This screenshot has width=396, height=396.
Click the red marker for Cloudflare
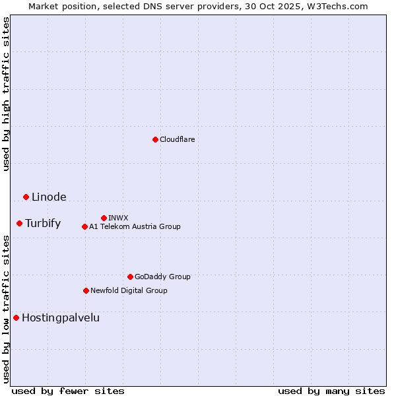[155, 139]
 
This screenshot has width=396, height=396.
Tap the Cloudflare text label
[177, 139]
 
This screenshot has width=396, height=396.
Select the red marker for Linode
[26, 197]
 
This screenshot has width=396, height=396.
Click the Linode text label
[49, 197]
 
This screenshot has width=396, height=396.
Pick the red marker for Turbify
[20, 223]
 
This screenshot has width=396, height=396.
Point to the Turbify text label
[43, 223]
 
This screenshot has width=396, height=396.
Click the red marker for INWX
[104, 218]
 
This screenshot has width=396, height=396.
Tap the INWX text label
[118, 218]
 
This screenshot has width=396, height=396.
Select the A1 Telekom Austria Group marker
[84, 226]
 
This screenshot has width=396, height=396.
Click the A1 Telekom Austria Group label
[135, 226]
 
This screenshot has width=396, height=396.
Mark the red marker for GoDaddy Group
[130, 277]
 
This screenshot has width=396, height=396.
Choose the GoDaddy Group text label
[162, 277]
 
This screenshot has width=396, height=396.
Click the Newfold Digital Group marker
[86, 290]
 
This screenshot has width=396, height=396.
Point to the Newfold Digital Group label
[129, 290]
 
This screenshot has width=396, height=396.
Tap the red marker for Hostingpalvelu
[16, 317]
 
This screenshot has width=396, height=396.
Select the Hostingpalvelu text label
[61, 317]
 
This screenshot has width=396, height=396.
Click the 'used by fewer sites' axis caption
[68, 391]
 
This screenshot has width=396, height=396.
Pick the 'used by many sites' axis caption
[331, 391]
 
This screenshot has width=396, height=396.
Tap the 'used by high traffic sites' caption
[6, 94]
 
